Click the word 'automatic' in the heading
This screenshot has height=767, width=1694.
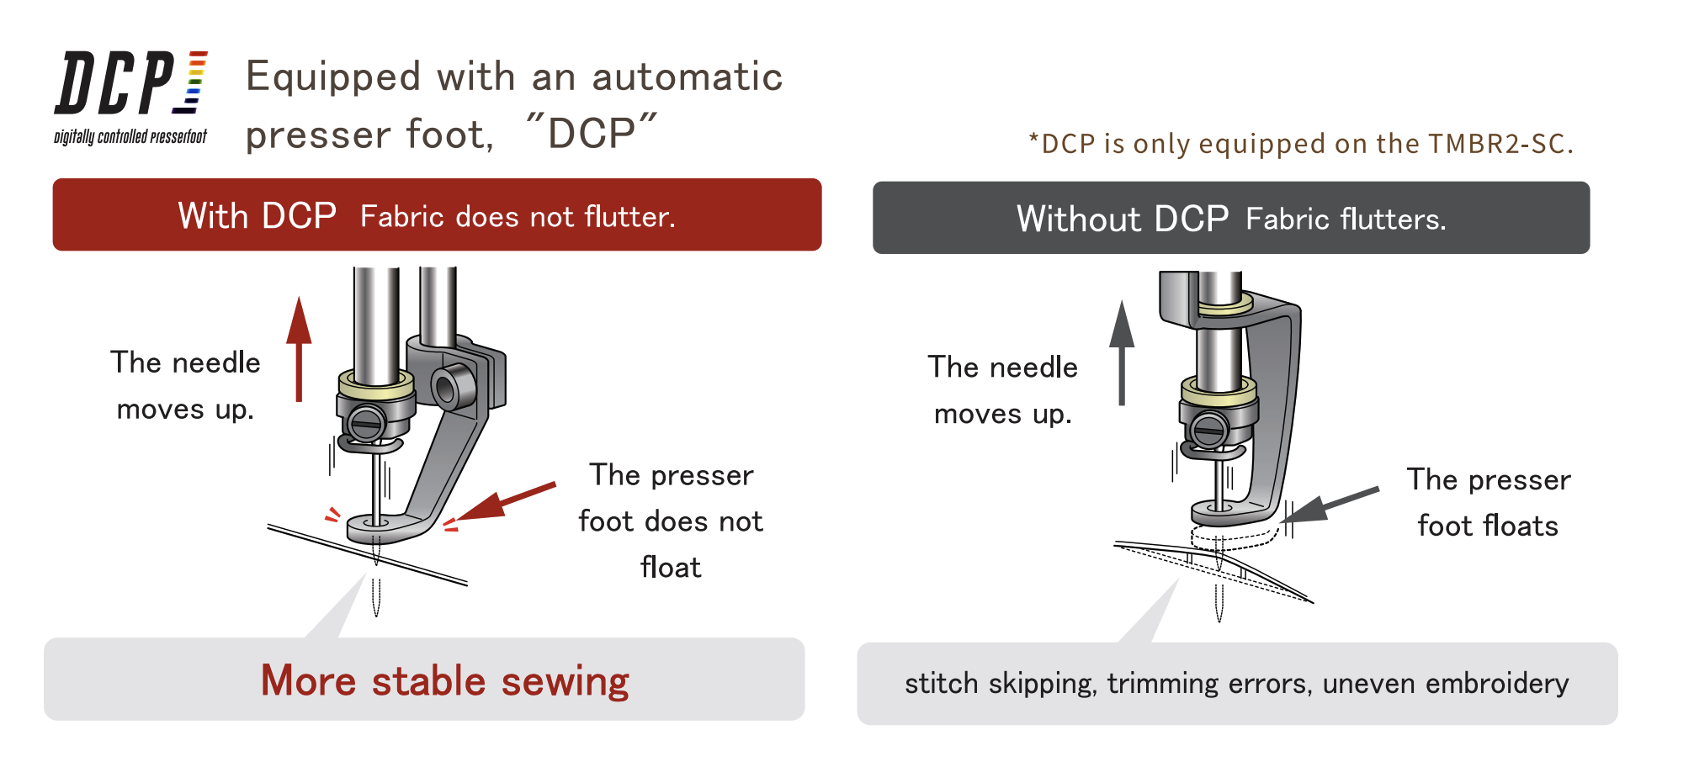pos(687,77)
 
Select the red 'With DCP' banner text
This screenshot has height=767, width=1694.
pos(257,216)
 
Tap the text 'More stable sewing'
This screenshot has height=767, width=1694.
pos(444,680)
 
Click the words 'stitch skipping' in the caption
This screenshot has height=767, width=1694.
pos(1000,684)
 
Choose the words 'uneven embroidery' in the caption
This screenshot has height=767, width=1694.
pos(1445,684)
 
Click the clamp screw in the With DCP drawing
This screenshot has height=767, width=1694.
pos(368,422)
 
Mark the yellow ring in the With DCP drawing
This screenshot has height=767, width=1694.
pos(376,385)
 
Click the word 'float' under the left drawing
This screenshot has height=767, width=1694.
pos(670,568)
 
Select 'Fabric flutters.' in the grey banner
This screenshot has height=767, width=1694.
pos(1345,220)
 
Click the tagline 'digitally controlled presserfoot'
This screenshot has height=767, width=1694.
pos(130,137)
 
